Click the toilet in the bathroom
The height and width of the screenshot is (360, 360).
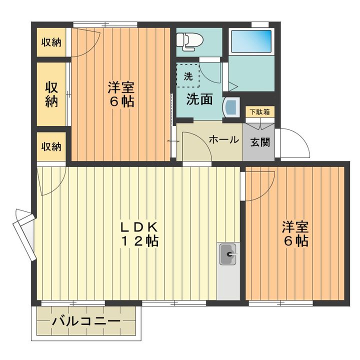(x=189, y=41)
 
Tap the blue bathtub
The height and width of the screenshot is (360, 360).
(x=251, y=41)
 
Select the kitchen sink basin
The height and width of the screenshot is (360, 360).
(x=228, y=254)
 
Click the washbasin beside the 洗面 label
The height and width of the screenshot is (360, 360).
(x=231, y=107)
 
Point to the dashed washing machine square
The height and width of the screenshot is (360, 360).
(x=188, y=76)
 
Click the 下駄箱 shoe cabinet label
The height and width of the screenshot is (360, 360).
(x=259, y=112)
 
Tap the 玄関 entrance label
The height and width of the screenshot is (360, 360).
(x=260, y=142)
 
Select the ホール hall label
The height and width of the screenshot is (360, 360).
(x=224, y=139)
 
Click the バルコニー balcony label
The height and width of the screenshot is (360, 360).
(x=86, y=321)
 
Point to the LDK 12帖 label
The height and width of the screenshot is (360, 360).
(x=139, y=234)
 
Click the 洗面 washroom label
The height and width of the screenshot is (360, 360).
(x=199, y=99)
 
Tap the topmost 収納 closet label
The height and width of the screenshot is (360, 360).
(x=51, y=42)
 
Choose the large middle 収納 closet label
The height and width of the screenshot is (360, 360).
(x=51, y=94)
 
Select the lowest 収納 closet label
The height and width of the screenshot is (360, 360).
(x=51, y=146)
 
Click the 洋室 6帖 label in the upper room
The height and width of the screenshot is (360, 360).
(x=121, y=94)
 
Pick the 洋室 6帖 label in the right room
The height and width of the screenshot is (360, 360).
(x=295, y=233)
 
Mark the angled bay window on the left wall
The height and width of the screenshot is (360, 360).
(x=25, y=234)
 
